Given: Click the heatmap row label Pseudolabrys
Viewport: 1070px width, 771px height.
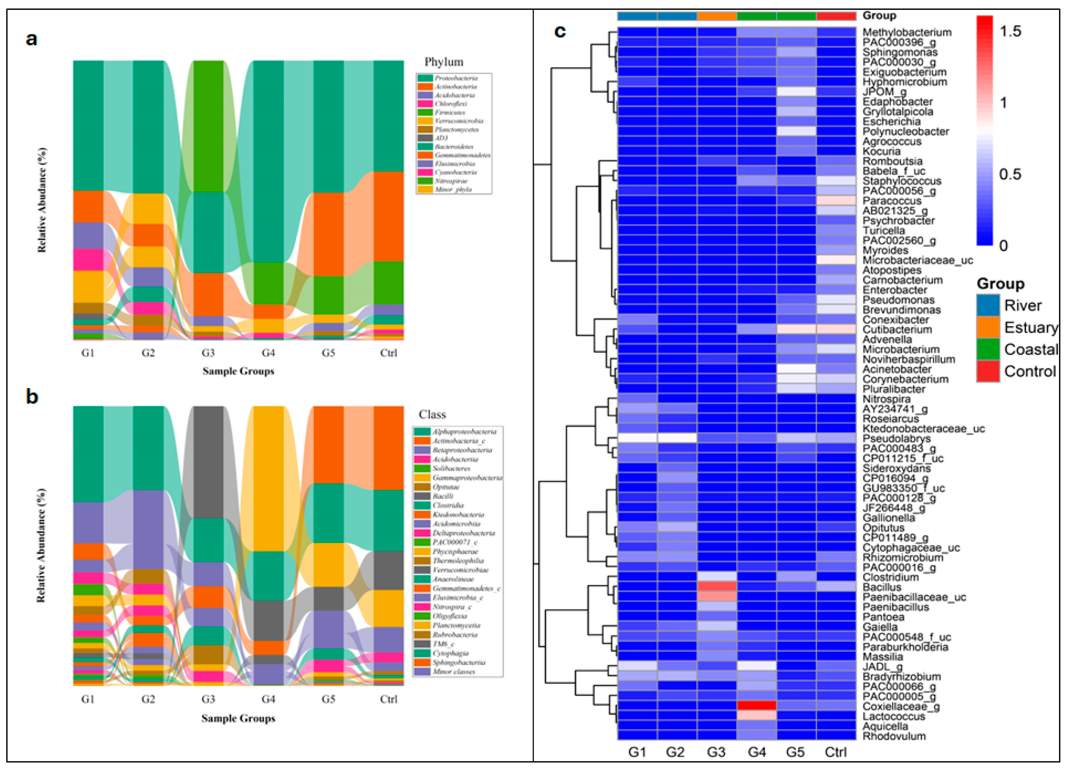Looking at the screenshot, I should click(x=896, y=438).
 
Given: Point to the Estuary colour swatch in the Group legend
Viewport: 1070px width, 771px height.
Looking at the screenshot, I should click(x=988, y=327).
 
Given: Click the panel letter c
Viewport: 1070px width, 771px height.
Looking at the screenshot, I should click(x=560, y=31).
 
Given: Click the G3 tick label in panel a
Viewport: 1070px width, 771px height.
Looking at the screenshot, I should click(x=208, y=353).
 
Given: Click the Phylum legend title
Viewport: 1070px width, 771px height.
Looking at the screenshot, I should click(x=444, y=62).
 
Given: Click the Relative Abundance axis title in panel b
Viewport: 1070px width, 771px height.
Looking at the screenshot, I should click(x=41, y=545).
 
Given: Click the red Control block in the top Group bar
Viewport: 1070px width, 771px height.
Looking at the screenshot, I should click(x=836, y=16).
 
